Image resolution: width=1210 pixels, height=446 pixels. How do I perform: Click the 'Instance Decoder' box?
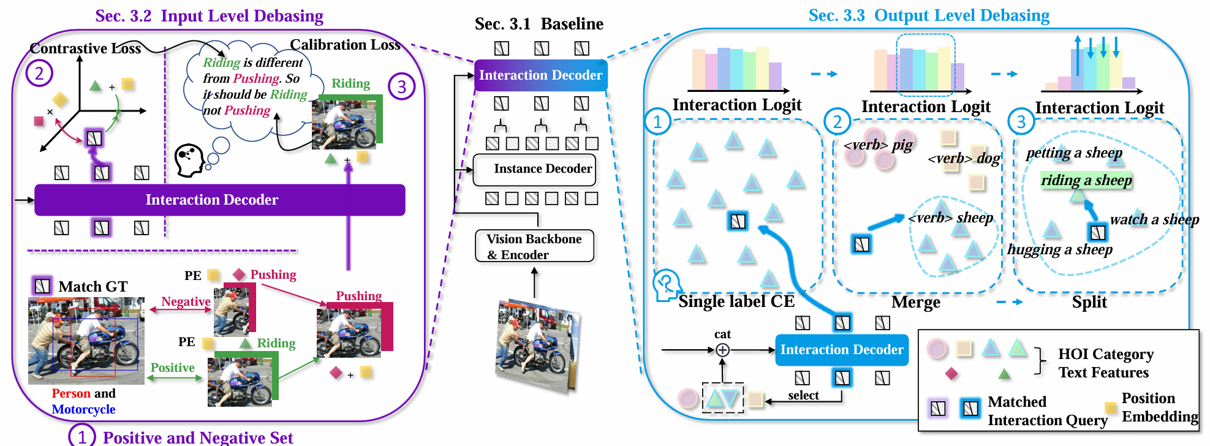[x=535, y=170]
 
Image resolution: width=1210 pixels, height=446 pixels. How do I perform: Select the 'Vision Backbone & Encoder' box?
[x=534, y=246]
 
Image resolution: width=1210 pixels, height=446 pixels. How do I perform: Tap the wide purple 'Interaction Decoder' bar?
[x=219, y=200]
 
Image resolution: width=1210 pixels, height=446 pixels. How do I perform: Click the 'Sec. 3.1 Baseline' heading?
[x=539, y=24]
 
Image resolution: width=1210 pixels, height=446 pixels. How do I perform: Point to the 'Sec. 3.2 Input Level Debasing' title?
[x=209, y=16]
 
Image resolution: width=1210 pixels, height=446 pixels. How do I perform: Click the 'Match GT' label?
[x=93, y=287]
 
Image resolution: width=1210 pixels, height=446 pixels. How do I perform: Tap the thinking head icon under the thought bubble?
[x=189, y=160]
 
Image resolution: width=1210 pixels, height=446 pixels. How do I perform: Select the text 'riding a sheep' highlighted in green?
[x=1086, y=180]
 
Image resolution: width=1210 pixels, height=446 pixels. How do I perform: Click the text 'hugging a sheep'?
[x=1059, y=249]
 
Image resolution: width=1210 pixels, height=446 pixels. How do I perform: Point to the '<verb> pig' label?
[x=878, y=145]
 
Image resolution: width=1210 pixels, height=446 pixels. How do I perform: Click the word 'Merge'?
[x=915, y=302]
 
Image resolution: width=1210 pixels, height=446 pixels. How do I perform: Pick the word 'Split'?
[x=1089, y=302]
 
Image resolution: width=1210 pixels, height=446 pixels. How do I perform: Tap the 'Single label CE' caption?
[x=736, y=301]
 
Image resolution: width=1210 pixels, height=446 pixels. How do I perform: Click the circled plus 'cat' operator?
[x=722, y=350]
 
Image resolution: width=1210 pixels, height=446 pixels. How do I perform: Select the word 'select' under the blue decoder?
[x=803, y=395]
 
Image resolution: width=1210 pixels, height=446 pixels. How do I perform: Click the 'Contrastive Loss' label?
[x=85, y=48]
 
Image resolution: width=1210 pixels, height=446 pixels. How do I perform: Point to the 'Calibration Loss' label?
[x=345, y=45]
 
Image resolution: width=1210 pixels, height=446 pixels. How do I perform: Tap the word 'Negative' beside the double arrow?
[x=186, y=301]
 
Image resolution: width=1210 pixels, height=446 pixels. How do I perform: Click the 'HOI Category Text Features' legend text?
[x=1105, y=363]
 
